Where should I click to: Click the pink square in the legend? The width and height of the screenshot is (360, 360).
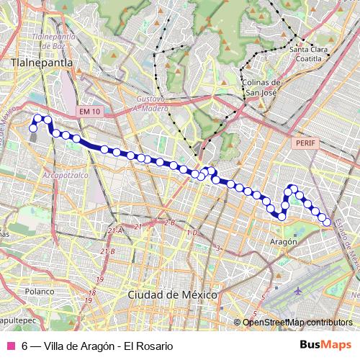(10, 346)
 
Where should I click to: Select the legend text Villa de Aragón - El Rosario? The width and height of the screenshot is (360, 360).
(97, 346)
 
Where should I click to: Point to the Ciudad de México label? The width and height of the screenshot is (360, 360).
(172, 294)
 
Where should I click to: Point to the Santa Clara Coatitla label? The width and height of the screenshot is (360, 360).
(309, 54)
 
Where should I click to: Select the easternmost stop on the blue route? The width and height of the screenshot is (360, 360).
(327, 222)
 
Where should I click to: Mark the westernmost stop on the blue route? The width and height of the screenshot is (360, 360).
(32, 128)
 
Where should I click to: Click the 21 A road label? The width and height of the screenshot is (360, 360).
(113, 230)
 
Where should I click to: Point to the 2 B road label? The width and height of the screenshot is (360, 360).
(169, 223)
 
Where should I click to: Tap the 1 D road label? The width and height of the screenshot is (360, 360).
(192, 233)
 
